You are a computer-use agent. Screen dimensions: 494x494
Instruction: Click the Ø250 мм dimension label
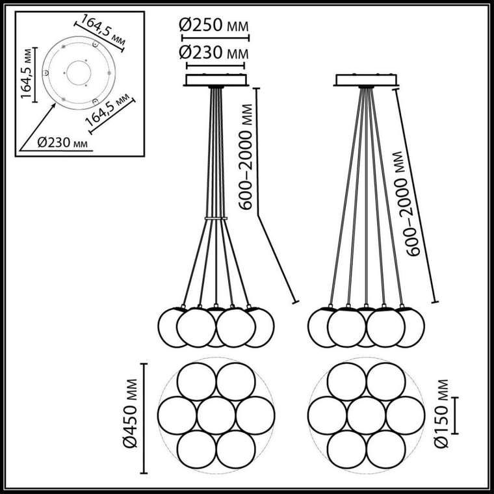pos(214,25)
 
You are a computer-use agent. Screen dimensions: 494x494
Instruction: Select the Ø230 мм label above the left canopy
pos(214,52)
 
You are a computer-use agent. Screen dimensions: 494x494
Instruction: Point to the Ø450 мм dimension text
pos(131,413)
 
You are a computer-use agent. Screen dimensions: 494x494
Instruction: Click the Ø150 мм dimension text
pos(441,413)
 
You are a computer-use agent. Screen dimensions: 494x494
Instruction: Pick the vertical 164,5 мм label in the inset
pos(27,73)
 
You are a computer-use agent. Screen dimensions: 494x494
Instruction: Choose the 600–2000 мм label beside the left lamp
pos(246,157)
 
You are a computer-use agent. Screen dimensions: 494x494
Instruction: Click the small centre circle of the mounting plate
pos(79,73)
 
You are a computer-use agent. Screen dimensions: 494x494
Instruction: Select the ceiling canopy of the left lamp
pos(216,80)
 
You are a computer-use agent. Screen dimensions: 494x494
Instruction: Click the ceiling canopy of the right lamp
pos(366,80)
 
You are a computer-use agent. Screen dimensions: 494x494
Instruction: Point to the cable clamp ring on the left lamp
pos(216,218)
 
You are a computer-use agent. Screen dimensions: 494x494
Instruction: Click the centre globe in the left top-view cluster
pos(216,415)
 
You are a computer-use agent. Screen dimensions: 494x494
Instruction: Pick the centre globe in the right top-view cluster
pos(367,415)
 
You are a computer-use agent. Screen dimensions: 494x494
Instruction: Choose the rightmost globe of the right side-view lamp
pos(412,328)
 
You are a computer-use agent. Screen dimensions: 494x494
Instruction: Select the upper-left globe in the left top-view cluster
pos(196,382)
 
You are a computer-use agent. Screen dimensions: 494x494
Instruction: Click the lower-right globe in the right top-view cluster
pos(386,450)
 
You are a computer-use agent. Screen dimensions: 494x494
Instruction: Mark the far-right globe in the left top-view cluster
pos(255,415)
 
